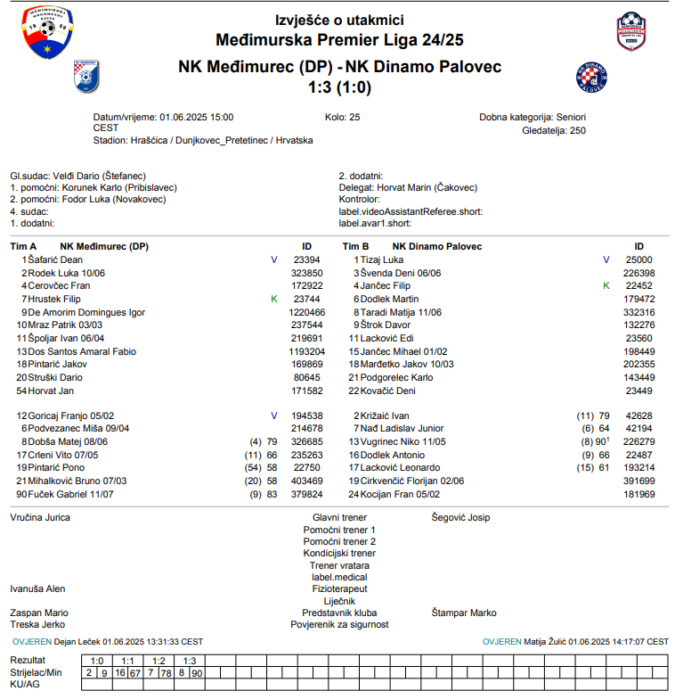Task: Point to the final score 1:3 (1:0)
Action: pos(339,87)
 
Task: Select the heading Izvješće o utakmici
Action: pos(339,20)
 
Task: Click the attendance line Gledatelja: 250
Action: pos(554,130)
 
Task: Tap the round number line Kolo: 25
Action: pos(343,117)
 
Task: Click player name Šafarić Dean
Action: pos(55,259)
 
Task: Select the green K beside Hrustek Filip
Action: pos(274,300)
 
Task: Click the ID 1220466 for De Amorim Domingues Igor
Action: pos(307,313)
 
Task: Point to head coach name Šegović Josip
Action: pos(460,517)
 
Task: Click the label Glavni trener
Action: pos(339,517)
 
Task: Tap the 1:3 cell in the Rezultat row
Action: pos(189,661)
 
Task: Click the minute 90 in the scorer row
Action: pos(197,672)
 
